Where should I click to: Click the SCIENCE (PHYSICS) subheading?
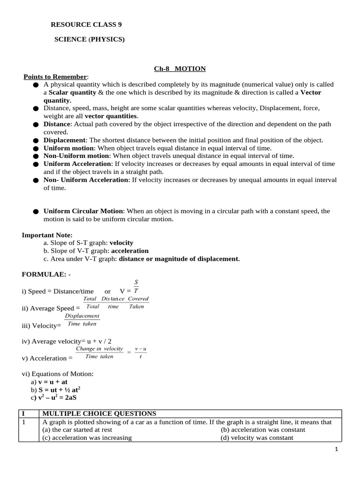[x=90, y=40]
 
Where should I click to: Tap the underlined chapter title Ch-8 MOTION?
[x=180, y=69]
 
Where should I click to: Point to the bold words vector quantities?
[x=111, y=116]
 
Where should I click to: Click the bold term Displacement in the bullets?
[x=65, y=140]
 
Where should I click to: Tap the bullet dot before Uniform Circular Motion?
[x=36, y=212]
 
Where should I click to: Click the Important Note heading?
[x=47, y=235]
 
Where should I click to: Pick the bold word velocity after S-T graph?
[x=121, y=243]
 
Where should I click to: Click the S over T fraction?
[x=136, y=286]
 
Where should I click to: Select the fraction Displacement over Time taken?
[x=82, y=320]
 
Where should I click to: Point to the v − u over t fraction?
[x=141, y=353]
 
